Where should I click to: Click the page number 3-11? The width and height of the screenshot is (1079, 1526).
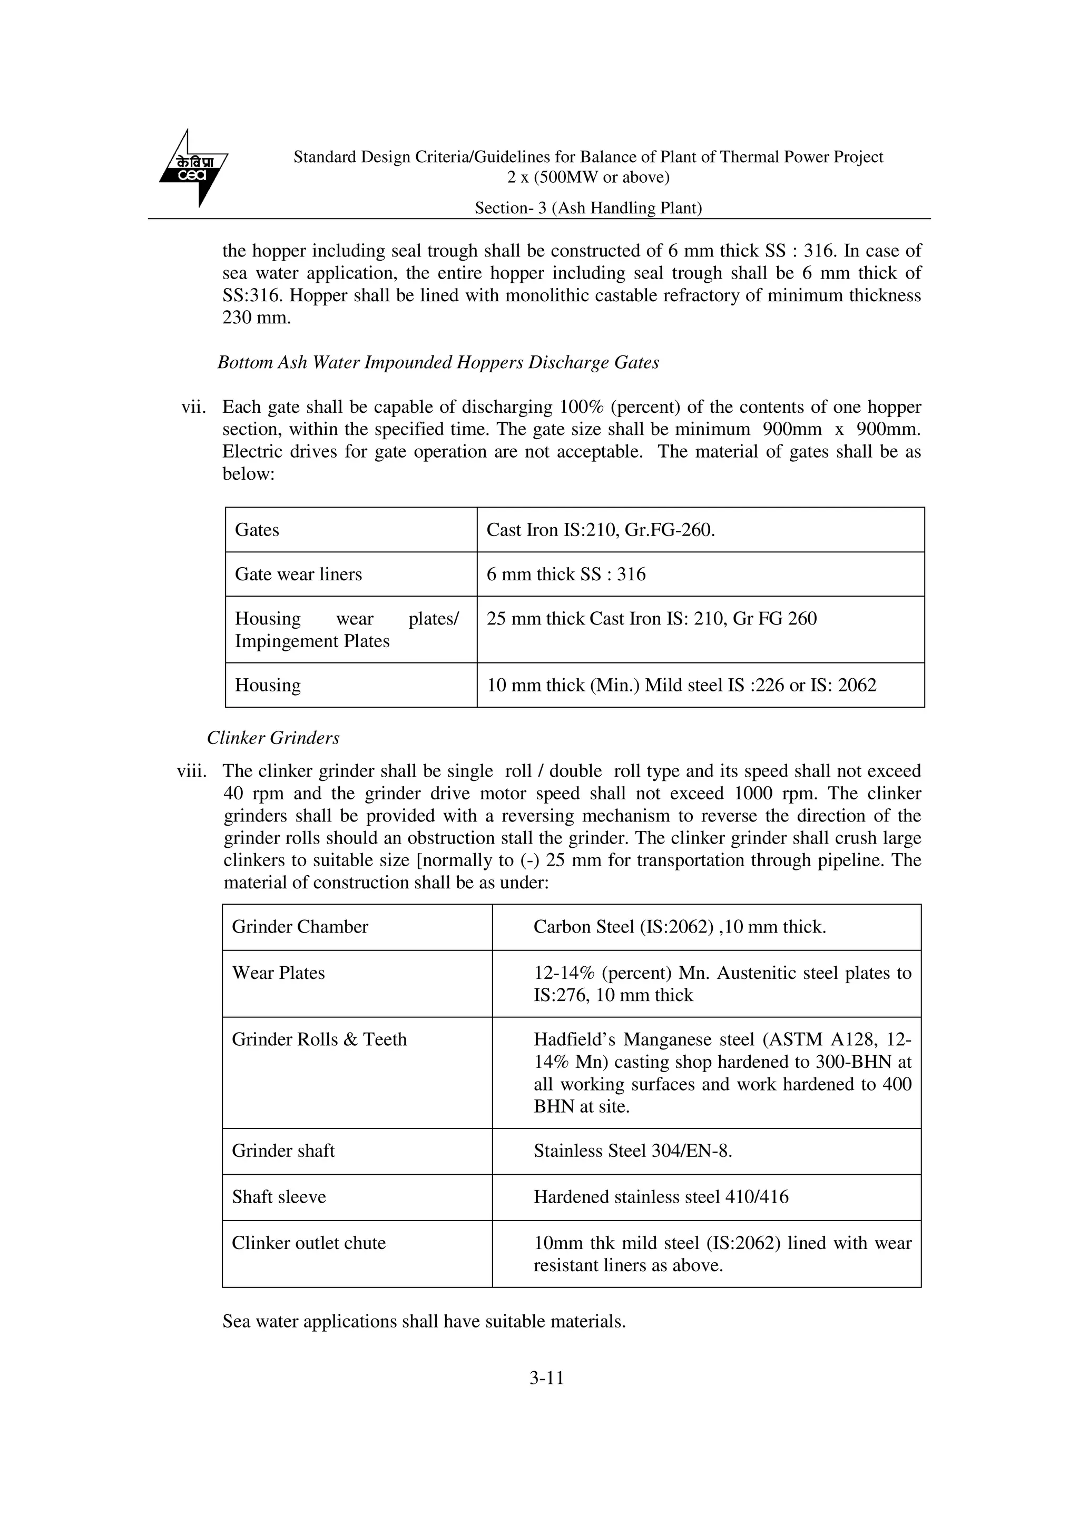coord(546,1378)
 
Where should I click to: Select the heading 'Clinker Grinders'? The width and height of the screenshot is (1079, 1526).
coord(273,738)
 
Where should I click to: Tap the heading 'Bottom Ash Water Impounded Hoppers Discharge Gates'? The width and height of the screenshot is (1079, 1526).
coord(438,362)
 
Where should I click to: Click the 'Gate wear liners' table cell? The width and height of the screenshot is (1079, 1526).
coord(299,574)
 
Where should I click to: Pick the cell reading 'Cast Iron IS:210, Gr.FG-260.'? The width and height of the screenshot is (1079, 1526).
coord(600,530)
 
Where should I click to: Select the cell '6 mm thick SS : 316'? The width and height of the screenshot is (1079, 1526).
coord(566,574)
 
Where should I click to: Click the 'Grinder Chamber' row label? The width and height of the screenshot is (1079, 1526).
coord(300,927)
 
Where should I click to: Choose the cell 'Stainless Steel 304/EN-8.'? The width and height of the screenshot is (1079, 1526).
coord(632,1151)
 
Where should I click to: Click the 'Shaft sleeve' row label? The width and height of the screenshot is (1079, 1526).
coord(279,1197)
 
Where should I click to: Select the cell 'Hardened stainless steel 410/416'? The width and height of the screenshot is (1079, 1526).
coord(661,1197)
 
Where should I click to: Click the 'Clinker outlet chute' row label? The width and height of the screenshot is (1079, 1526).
coord(309,1243)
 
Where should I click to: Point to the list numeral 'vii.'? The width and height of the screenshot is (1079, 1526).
coord(193,407)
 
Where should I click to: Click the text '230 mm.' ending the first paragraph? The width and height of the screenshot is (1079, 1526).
coord(257,318)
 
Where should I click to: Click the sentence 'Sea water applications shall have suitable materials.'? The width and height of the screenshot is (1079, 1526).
coord(424,1321)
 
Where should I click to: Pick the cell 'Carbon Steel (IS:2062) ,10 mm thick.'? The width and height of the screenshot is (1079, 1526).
coord(680,927)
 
